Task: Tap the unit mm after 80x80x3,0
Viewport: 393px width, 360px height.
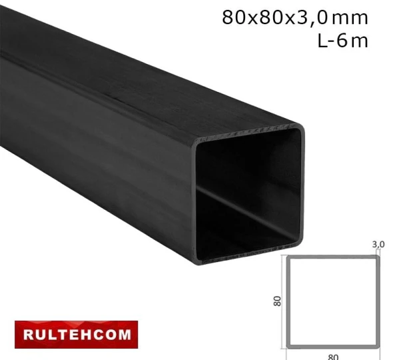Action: tap(349, 17)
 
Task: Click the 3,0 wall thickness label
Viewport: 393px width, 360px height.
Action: tap(378, 245)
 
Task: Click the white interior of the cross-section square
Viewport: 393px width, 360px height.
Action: tap(333, 302)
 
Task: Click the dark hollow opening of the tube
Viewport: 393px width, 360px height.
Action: tap(250, 193)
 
